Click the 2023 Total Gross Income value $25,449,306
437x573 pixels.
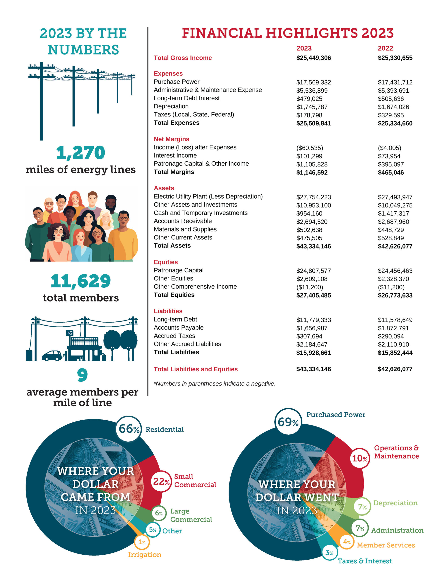tap(314, 58)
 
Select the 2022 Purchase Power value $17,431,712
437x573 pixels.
tap(395, 82)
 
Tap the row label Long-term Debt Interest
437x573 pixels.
tap(186, 98)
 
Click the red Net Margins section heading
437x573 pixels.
tap(171, 139)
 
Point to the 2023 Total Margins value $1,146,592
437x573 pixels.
tap(312, 173)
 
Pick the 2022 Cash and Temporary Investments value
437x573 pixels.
tap(393, 214)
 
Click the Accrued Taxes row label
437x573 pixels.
tap(174, 336)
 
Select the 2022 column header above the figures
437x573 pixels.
tap(385, 48)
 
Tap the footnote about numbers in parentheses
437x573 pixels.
tap(214, 384)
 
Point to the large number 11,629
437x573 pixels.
tap(81, 281)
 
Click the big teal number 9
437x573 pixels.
tap(82, 375)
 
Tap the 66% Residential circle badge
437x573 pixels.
tap(129, 429)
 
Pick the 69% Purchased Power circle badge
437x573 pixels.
tap(288, 422)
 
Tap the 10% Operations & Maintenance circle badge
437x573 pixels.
tap(360, 458)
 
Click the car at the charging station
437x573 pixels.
tap(52, 356)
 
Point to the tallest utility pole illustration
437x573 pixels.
tap(41, 101)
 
